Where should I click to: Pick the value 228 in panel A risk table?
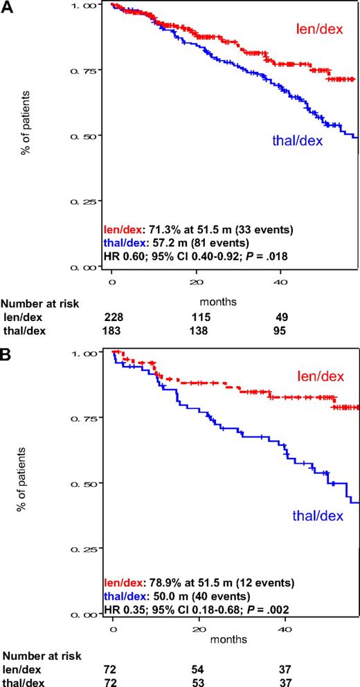[112, 316]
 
